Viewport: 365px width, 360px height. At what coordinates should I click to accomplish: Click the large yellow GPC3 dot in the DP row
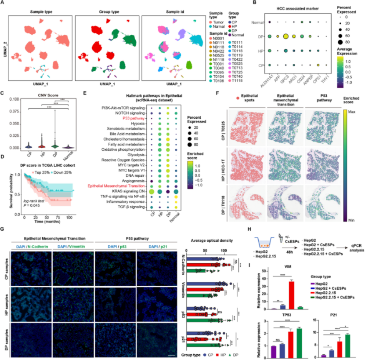click(285, 36)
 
